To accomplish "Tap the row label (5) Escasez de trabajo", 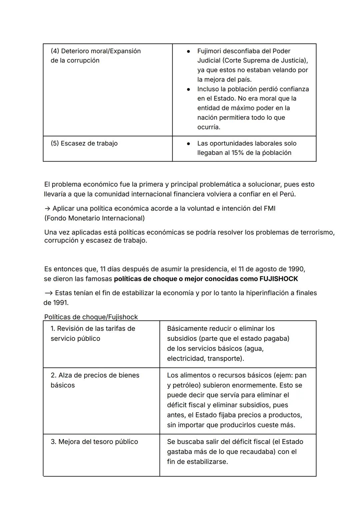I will pyautogui.click(x=84, y=143).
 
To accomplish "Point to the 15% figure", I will pyautogui.click(x=238, y=153).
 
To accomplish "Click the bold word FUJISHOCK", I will pyautogui.click(x=279, y=279).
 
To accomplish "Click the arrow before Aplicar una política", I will pyautogui.click(x=47, y=209).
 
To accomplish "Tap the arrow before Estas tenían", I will pyautogui.click(x=48, y=293).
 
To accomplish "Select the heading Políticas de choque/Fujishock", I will pyautogui.click(x=91, y=317).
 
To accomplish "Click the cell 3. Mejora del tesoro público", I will pyautogui.click(x=94, y=442).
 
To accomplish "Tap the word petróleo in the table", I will pyautogui.click(x=186, y=385).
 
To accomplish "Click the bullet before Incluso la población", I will pyautogui.click(x=188, y=89).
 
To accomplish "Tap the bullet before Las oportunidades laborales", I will pyautogui.click(x=188, y=144).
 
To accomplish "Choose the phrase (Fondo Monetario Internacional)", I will pyautogui.click(x=95, y=218).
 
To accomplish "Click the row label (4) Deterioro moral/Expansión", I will pyautogui.click(x=96, y=51).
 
